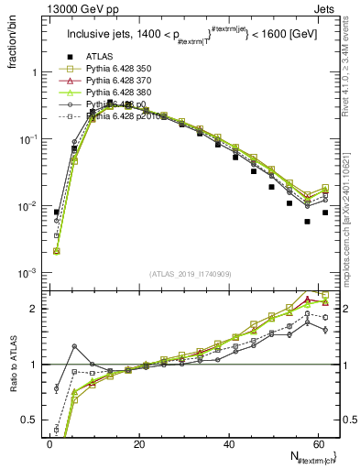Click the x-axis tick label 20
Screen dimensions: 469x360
139,444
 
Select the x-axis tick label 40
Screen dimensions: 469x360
229,444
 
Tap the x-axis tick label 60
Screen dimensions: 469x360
318,444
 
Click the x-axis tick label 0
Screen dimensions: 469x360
49,444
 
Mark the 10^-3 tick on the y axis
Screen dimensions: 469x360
28,274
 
